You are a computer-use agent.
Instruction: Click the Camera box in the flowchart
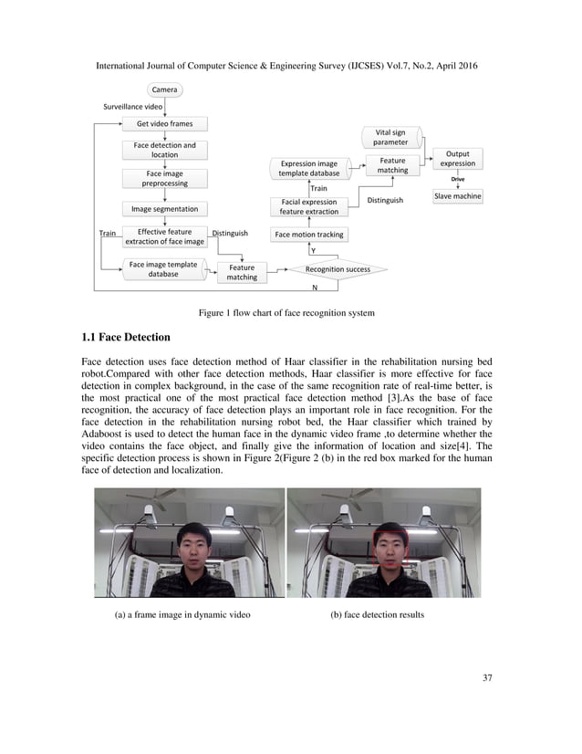coord(165,89)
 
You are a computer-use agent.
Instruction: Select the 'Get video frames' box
coord(165,123)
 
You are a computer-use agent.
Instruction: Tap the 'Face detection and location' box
coord(164,150)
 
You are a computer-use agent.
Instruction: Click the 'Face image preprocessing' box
coord(165,178)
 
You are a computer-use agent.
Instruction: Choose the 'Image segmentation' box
coord(165,209)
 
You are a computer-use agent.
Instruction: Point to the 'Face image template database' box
coord(163,268)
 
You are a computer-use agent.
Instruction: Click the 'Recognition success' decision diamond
coord(338,270)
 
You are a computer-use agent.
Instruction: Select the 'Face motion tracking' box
coord(309,235)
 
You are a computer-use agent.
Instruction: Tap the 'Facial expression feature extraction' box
coord(308,207)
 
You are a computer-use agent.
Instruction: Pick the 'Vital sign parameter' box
coord(390,138)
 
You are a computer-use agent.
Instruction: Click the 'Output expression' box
coord(457,159)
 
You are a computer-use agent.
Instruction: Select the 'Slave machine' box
coord(457,196)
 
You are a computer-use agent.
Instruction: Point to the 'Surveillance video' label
coord(133,107)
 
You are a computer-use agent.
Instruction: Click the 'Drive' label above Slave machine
coord(457,179)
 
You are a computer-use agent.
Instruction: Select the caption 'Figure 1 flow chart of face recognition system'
coord(286,313)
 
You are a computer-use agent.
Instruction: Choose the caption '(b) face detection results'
coord(377,614)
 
